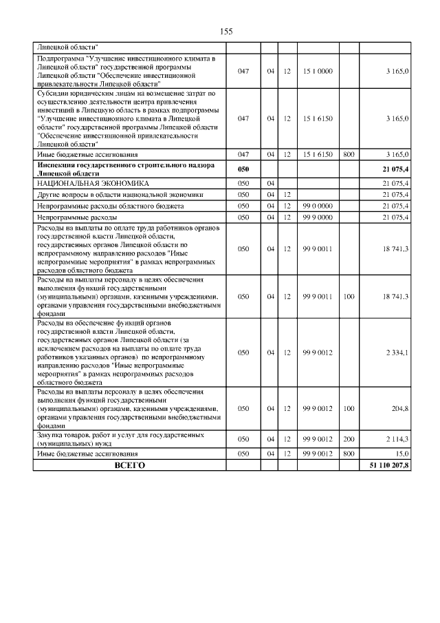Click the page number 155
point(227,32)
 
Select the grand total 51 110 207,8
point(386,466)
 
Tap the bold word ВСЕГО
point(129,466)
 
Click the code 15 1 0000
point(317,71)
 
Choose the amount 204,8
point(400,409)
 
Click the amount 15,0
point(402,454)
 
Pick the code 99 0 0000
point(317,206)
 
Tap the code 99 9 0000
point(317,218)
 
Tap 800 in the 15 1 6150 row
point(349,155)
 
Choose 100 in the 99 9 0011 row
point(349,297)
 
